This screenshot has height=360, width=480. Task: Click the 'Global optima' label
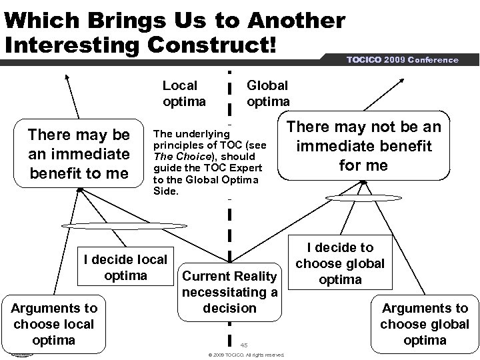(268, 93)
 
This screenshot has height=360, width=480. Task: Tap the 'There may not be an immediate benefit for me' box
(363, 146)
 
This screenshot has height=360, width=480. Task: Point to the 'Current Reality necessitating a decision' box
(229, 291)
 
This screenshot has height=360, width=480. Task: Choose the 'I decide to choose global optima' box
(340, 263)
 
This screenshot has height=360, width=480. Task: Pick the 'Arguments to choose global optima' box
(424, 324)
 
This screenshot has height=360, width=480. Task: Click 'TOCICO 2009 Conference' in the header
(402, 59)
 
